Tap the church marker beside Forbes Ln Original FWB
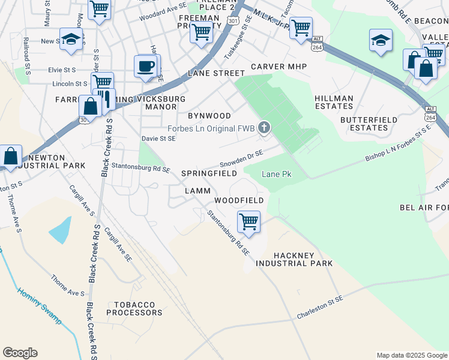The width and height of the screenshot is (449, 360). tap(264, 127)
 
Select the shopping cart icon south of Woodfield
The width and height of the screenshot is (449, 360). tap(249, 221)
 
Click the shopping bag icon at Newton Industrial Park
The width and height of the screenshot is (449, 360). tap(11, 156)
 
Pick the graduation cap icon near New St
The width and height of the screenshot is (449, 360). tap(71, 39)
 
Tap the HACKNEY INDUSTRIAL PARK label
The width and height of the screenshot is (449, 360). tap(294, 259)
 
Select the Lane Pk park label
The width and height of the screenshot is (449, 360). tap(276, 174)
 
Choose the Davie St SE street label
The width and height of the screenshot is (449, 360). tap(158, 139)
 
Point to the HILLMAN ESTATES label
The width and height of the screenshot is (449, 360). tap(333, 101)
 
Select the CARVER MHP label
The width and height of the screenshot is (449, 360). tap(279, 67)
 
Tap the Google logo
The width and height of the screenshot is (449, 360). tap(20, 353)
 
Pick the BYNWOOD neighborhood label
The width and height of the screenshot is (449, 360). tap(209, 115)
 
